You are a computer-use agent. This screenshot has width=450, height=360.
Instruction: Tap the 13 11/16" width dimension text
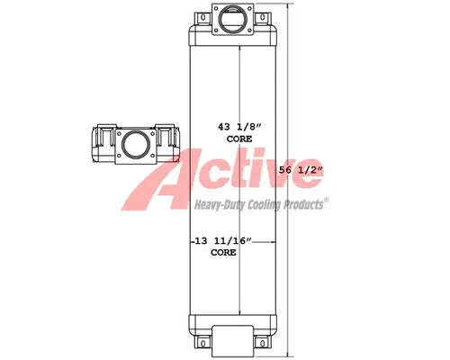pos(223,242)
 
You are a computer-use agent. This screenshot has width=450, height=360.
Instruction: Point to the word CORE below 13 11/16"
pos(223,253)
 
